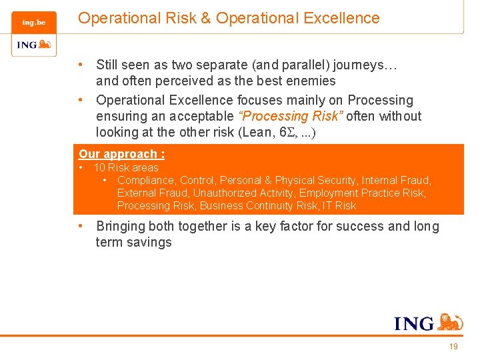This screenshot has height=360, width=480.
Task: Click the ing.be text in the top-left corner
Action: coord(33,23)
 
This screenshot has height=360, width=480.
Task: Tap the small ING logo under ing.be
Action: coord(33,45)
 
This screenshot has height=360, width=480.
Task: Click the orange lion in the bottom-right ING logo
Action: coord(451,322)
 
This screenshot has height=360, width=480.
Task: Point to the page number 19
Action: coord(453,347)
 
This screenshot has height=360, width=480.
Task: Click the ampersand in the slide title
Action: coord(205,19)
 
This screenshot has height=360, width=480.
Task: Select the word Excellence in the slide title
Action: coord(341,19)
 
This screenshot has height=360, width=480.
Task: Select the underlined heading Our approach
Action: coord(121,154)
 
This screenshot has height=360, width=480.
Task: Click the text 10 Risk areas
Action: coord(126,168)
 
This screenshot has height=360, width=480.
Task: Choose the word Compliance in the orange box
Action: coord(146,181)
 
